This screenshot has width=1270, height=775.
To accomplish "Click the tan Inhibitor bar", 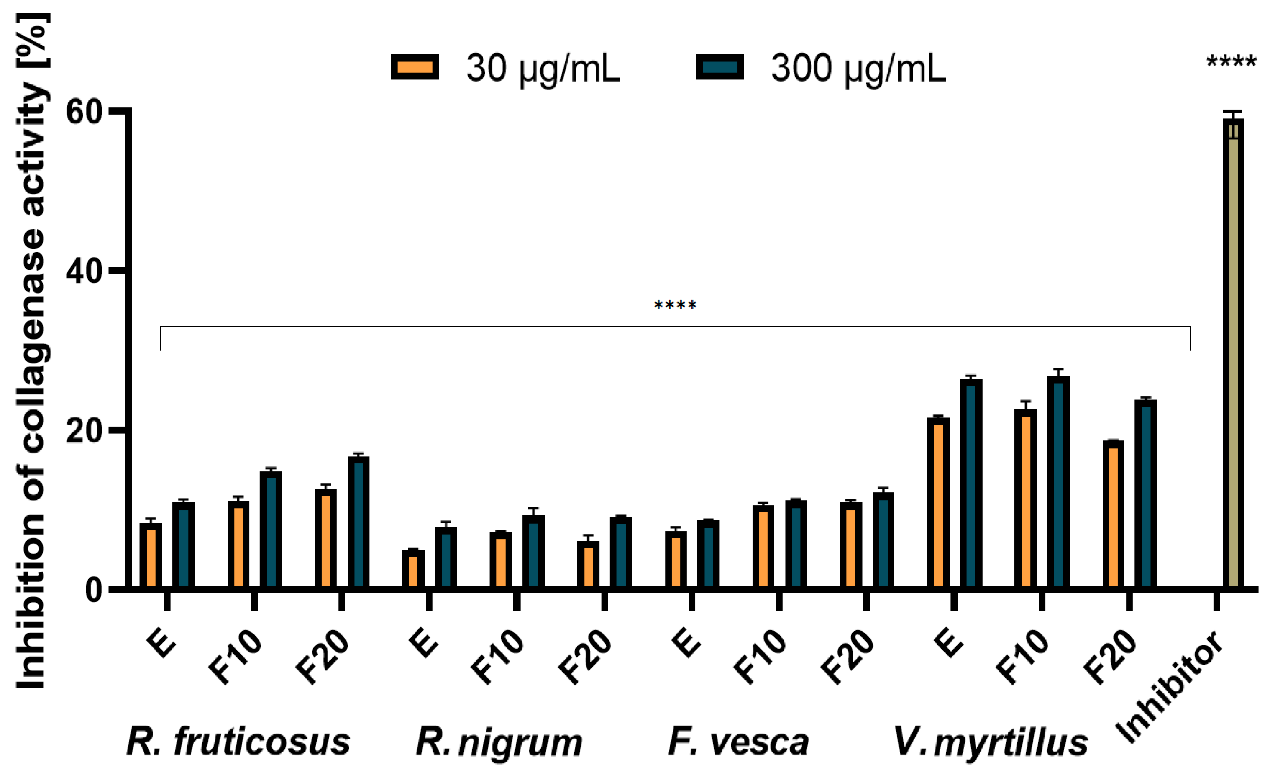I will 1234,356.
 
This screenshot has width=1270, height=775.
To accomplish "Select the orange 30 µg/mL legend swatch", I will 415,67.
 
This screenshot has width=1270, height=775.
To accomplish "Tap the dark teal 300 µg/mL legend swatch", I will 719,67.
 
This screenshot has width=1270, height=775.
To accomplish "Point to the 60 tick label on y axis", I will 84,112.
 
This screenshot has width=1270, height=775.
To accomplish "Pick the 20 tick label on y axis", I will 84,431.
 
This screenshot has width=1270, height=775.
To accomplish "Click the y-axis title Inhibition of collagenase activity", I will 32,350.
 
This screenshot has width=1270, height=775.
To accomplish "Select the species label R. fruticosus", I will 238,742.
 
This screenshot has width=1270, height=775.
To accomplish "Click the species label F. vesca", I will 738,742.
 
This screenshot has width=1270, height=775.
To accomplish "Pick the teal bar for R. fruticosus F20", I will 358,523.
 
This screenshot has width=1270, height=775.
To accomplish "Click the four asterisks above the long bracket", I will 675,306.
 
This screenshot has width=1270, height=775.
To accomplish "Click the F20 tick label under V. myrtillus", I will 1111,657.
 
